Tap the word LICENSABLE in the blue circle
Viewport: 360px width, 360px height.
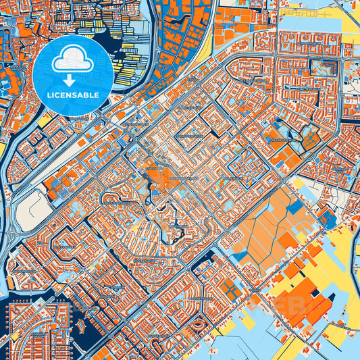tap(71, 95)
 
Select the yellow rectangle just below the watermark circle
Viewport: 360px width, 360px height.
tap(45, 121)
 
